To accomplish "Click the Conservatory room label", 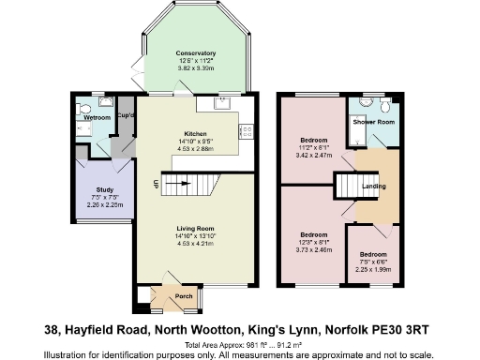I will (196, 53).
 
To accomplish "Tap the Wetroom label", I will (97, 118).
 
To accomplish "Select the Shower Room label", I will (373, 122).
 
